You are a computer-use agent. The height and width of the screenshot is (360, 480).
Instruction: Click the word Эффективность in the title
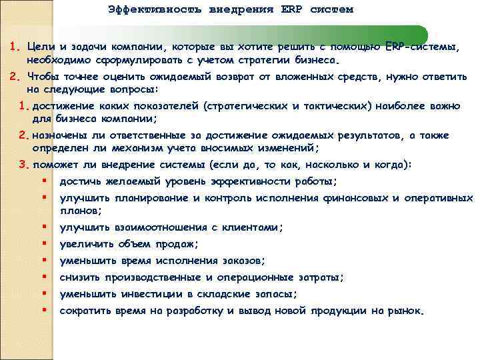click(142, 10)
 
